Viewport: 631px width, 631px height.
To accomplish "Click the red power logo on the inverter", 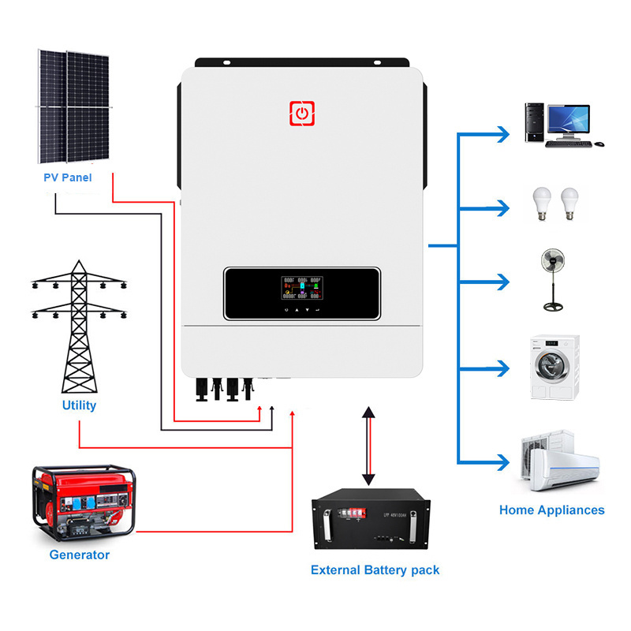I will (x=301, y=114).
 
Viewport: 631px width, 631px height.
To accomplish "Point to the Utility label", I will (x=79, y=405).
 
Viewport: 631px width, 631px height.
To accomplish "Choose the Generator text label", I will (x=79, y=554).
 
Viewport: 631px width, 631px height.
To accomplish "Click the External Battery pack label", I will (x=375, y=569).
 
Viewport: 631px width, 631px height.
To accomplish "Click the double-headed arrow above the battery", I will (x=368, y=446).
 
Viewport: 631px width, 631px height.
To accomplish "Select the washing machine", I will (x=555, y=366).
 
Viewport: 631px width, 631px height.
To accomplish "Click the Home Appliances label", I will (x=551, y=510).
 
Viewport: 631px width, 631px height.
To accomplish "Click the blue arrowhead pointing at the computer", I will (x=502, y=134).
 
